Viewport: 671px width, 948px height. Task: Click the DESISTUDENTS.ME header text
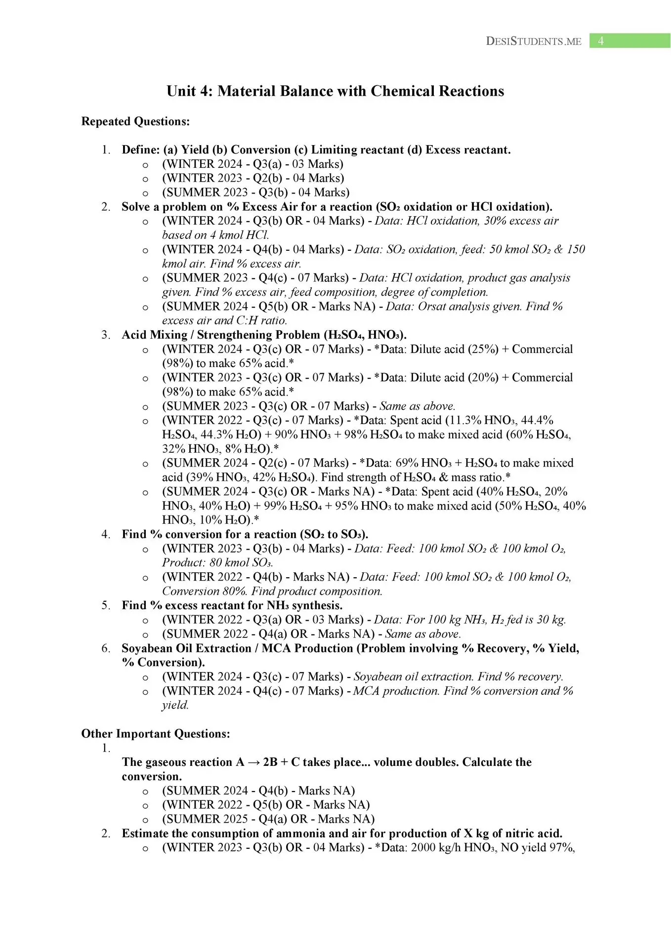pyautogui.click(x=534, y=41)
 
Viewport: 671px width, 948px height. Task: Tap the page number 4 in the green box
pyautogui.click(x=601, y=41)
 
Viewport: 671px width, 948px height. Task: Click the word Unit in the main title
pyautogui.click(x=179, y=91)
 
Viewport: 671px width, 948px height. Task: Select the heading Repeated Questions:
pyautogui.click(x=135, y=121)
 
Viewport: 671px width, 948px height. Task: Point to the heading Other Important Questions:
pyautogui.click(x=156, y=734)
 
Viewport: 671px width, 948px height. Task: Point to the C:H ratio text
pyautogui.click(x=261, y=320)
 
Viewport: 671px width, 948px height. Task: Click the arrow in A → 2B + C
pyautogui.click(x=254, y=762)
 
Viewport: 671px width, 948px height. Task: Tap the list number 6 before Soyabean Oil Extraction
pyautogui.click(x=105, y=648)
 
